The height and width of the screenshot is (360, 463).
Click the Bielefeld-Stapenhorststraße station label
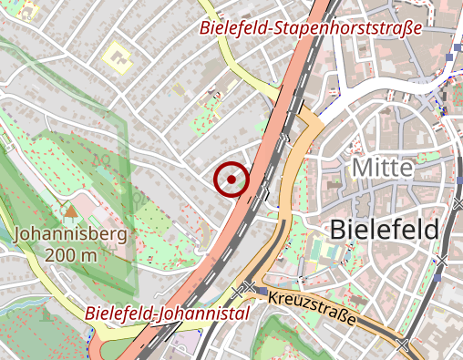[312, 27]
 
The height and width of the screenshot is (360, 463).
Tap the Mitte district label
[382, 168]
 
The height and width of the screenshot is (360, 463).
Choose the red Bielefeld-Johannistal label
[169, 314]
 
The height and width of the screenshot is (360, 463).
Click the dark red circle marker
[231, 180]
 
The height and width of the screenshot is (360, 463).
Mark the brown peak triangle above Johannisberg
[70, 211]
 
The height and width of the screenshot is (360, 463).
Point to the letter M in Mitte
[360, 168]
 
